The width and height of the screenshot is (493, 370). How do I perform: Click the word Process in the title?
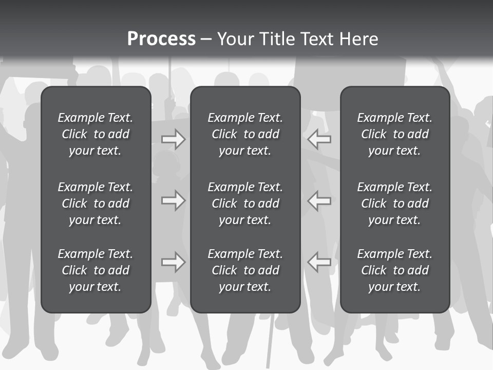[x=161, y=39]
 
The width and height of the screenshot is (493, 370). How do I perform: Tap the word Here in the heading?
[x=358, y=39]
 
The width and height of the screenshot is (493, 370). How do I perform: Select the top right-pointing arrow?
[x=173, y=139]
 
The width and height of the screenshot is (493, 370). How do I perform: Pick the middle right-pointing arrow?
[x=173, y=200]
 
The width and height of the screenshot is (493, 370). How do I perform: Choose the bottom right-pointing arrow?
[x=173, y=262]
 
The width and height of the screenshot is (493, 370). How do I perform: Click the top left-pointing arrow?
[x=319, y=139]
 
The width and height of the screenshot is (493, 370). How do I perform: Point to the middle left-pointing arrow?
[x=319, y=200]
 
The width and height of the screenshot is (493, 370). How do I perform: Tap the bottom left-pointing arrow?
[x=319, y=262]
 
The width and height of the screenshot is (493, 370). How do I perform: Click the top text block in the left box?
[x=96, y=134]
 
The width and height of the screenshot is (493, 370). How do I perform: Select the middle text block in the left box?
[x=96, y=203]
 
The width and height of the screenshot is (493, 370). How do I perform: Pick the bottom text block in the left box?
[x=96, y=270]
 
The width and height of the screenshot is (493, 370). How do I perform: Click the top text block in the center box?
[x=245, y=134]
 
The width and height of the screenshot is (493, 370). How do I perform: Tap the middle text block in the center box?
[x=245, y=203]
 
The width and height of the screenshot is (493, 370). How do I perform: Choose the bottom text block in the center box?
[x=245, y=270]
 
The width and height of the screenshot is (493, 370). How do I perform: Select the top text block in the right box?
[x=394, y=134]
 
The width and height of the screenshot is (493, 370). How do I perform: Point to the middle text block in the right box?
[x=394, y=203]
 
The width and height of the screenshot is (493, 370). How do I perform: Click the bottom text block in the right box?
[x=394, y=270]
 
